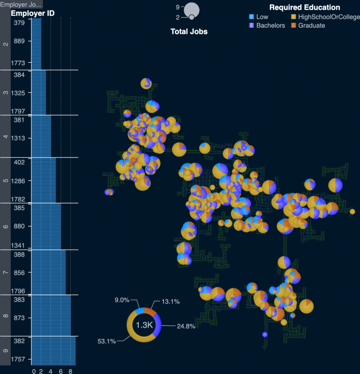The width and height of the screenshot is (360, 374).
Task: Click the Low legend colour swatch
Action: [x=252, y=17]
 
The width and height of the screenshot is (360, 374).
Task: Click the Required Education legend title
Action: [x=305, y=7]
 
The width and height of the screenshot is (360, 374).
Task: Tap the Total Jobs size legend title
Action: [x=188, y=31]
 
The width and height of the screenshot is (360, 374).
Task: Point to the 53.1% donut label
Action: [x=106, y=341]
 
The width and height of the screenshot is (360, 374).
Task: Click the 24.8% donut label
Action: [x=186, y=326]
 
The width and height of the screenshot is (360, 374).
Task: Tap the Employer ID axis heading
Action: [x=32, y=13]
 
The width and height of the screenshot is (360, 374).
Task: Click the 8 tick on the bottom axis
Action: [x=70, y=371]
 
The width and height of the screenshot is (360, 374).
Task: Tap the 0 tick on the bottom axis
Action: [x=34, y=371]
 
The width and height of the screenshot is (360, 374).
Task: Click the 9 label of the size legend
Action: [x=178, y=7]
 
